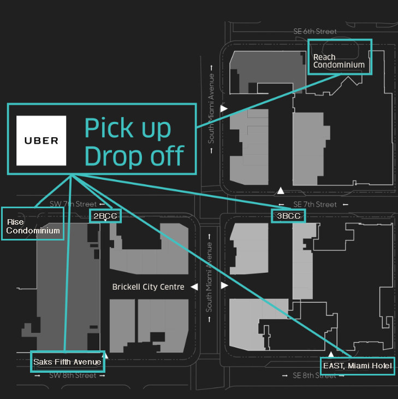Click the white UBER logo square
(x=41, y=140)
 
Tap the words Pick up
(x=127, y=128)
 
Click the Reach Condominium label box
(x=339, y=61)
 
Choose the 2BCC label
(x=105, y=215)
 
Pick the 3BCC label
(x=288, y=215)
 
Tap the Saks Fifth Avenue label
(x=67, y=361)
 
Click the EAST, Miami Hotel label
(x=357, y=366)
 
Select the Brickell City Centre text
(x=148, y=287)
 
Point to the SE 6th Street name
(x=315, y=32)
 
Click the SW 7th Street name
(x=73, y=204)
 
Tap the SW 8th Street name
(x=73, y=375)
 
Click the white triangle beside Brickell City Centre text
(x=193, y=287)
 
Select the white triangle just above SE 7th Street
(x=280, y=191)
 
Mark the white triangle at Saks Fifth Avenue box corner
(x=106, y=356)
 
